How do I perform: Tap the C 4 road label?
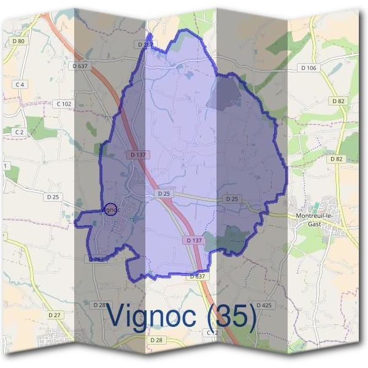point(20,84)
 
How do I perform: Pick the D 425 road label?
point(264,305)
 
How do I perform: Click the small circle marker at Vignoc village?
point(110,210)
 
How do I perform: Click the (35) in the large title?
point(232,316)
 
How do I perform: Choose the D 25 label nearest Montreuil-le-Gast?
point(231,199)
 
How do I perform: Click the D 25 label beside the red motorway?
point(164,194)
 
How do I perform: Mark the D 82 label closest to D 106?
point(338,101)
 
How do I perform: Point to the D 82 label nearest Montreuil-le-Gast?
point(337,159)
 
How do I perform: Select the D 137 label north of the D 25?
point(139,155)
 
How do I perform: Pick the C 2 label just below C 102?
point(18,132)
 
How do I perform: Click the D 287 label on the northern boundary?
point(145,45)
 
